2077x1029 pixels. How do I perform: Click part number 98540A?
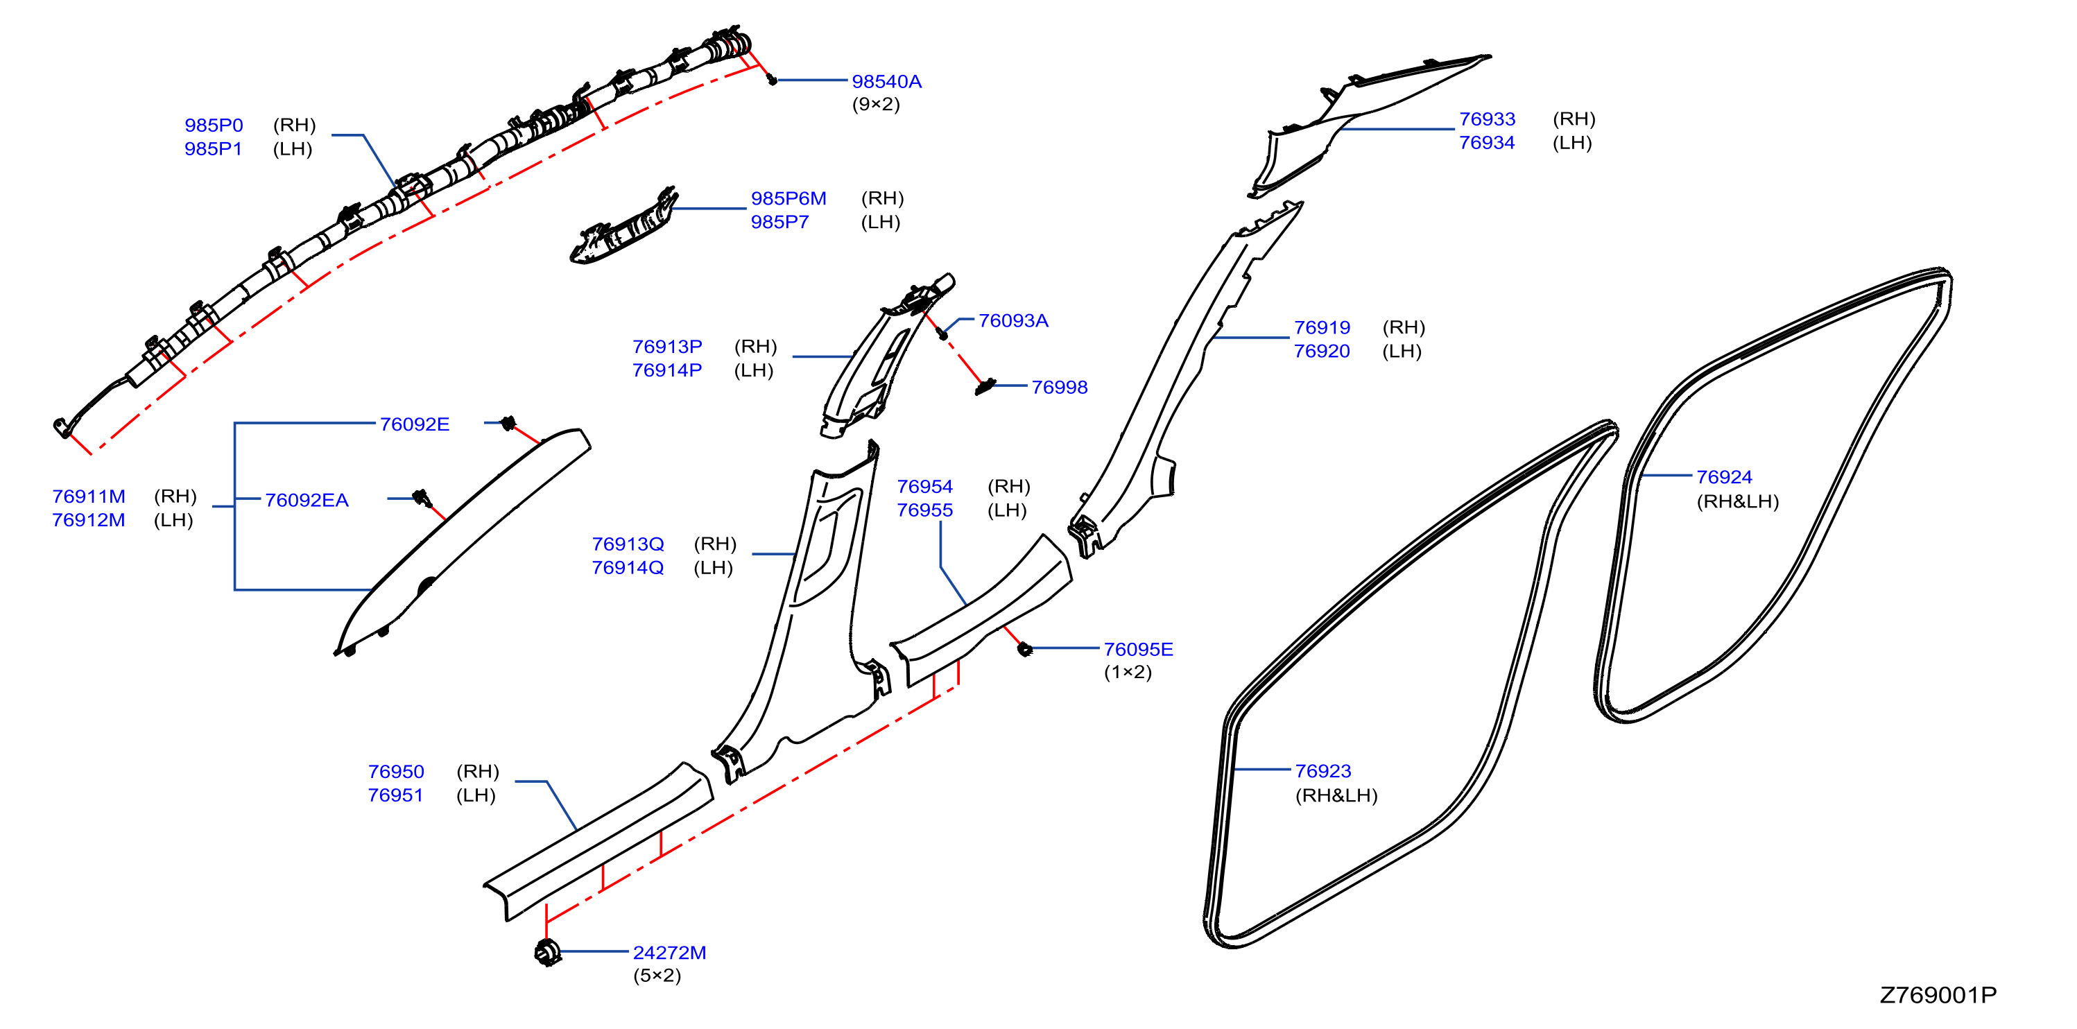click(886, 81)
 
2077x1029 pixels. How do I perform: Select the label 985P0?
click(214, 125)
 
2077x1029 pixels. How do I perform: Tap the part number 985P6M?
click(788, 198)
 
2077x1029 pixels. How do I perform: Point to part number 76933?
click(1487, 119)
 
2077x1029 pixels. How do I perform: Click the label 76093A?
click(1013, 321)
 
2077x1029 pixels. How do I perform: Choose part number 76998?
click(1060, 387)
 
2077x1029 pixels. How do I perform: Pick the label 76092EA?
click(307, 500)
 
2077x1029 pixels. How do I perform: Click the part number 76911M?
click(89, 496)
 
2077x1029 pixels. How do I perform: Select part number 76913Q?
click(628, 544)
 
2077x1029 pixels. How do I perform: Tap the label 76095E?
click(1138, 649)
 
